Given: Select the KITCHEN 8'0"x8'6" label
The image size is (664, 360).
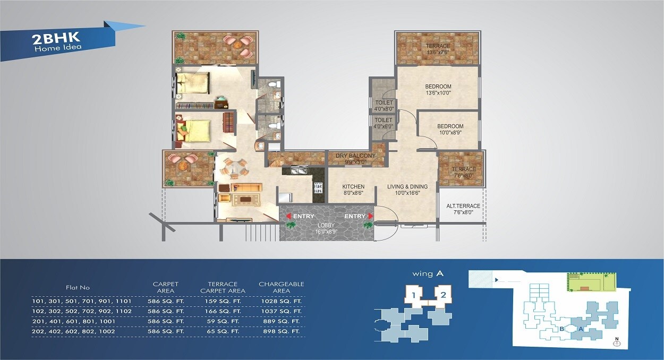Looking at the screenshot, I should [353, 190].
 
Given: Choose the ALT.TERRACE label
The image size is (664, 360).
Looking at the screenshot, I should [463, 209].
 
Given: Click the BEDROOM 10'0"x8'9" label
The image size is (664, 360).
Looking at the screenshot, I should [450, 129].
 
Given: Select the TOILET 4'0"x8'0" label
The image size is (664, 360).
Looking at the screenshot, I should [384, 106].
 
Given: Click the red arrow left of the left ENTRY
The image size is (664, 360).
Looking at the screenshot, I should [288, 216].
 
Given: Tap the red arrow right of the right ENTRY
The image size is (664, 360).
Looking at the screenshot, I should [371, 216].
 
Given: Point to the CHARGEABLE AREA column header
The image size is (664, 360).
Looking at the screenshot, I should [281, 287].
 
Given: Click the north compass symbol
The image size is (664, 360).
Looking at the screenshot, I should [617, 343].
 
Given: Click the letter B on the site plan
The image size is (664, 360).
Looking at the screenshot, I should [561, 329].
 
